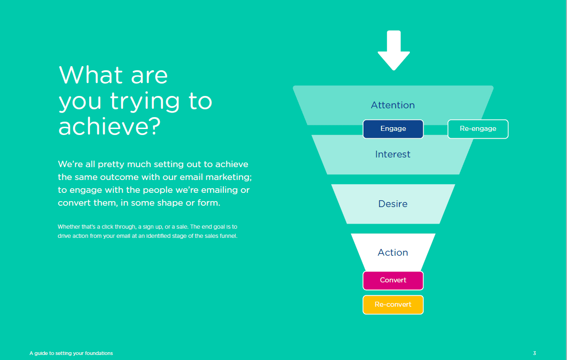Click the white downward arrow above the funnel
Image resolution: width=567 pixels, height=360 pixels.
(x=394, y=51)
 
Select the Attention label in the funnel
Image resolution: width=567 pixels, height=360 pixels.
(x=393, y=105)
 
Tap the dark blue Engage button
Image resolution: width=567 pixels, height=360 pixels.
(x=393, y=129)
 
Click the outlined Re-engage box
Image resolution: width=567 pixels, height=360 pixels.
(x=478, y=129)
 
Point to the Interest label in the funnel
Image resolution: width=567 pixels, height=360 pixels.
(x=392, y=154)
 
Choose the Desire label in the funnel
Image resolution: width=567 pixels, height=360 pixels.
(x=393, y=204)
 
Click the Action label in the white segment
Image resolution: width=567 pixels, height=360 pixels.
(x=393, y=253)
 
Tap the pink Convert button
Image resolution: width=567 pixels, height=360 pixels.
(x=393, y=280)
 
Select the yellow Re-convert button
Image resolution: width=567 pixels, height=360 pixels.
(x=393, y=304)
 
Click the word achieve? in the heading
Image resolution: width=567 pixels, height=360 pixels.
(x=109, y=126)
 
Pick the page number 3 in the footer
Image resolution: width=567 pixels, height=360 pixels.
(x=534, y=353)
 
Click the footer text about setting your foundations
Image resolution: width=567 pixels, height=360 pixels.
(x=71, y=353)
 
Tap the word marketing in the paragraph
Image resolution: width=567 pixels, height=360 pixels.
(x=228, y=177)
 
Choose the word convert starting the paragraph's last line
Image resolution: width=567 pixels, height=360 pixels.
(x=74, y=203)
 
